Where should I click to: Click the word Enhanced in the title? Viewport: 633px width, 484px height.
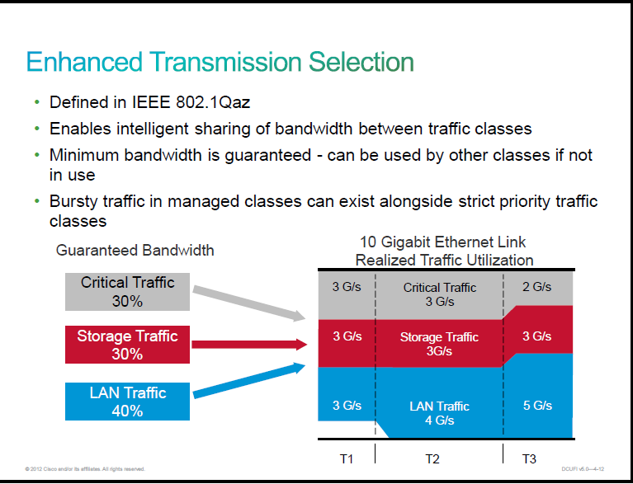[84, 62]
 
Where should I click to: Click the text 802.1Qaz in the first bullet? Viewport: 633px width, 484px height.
[213, 102]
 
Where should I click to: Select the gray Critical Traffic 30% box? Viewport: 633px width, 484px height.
[128, 292]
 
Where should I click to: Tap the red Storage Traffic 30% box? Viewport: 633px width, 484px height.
[128, 345]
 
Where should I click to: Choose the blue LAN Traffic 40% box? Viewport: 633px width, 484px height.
[128, 402]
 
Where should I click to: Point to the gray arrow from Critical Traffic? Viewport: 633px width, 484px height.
[249, 303]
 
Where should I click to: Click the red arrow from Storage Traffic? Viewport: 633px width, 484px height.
[249, 345]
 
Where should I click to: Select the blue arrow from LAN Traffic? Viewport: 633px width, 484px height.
[249, 380]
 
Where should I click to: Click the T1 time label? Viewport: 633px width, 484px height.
[347, 459]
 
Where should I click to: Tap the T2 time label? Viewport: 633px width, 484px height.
[432, 459]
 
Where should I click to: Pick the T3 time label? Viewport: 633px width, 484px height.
[529, 459]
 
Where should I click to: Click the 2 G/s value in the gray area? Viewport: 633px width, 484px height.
[537, 287]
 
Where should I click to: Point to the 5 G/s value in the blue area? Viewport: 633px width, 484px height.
[537, 406]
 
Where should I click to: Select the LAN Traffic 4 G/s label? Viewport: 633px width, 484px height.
[440, 413]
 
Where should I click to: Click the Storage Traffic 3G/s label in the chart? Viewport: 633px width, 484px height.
[439, 344]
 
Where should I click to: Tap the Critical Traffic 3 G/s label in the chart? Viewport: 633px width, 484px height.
[440, 294]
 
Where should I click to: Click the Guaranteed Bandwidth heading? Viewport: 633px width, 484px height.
[135, 251]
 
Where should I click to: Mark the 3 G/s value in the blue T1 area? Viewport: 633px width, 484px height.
[347, 406]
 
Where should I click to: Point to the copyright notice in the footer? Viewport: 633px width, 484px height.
[85, 469]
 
